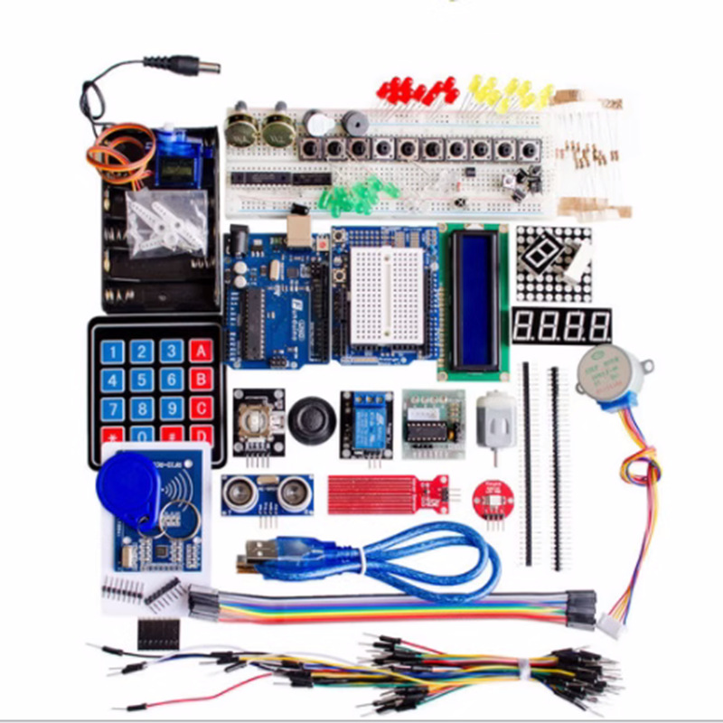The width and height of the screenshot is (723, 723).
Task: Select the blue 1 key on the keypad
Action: (112, 351)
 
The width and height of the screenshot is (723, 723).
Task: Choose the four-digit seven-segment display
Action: (560, 325)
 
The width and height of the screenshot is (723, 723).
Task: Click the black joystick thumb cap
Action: (312, 418)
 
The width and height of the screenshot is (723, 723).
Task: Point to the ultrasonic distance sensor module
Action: (268, 493)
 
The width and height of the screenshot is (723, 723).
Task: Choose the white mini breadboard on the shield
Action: (385, 289)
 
